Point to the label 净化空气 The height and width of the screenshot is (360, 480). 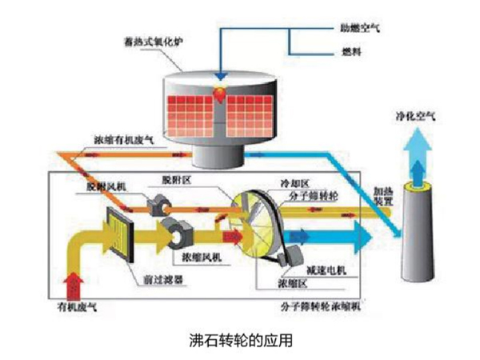click(x=414, y=116)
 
